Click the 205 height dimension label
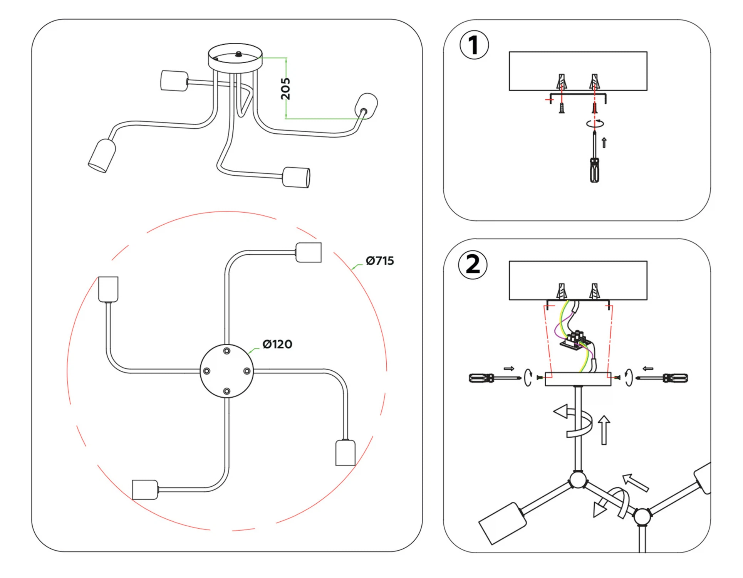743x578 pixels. coord(285,89)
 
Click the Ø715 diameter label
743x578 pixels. coord(380,261)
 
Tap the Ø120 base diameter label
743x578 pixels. coord(277,344)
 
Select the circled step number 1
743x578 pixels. coord(474,45)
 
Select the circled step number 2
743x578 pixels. coord(473,265)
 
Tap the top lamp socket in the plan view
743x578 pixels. coord(309,252)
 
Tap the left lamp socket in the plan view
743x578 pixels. coord(108,289)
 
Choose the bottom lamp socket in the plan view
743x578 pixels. coord(145,489)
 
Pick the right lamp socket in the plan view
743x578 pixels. coord(346,453)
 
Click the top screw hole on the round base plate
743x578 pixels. coord(227,351)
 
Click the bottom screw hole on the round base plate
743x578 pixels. coord(227,391)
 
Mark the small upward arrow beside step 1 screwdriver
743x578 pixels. coord(604,143)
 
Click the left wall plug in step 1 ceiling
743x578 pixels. coord(562,82)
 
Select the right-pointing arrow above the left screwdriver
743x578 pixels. coord(509,368)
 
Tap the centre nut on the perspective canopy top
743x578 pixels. coord(239,54)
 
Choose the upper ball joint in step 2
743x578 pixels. coord(578,480)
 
